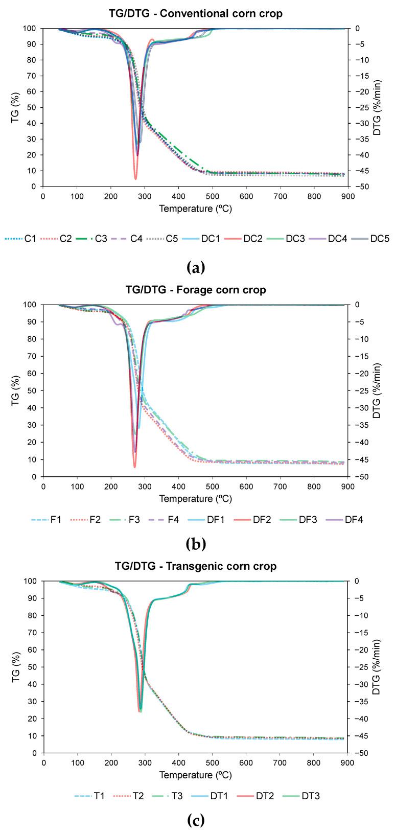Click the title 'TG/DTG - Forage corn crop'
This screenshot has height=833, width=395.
point(196,290)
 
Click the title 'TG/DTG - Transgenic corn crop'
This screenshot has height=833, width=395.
point(196,566)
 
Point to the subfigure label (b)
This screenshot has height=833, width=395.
point(197,544)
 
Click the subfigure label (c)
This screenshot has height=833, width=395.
point(197,821)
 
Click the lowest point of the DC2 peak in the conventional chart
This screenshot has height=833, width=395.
point(136,179)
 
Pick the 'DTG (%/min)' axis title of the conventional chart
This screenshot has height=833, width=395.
point(377,107)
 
